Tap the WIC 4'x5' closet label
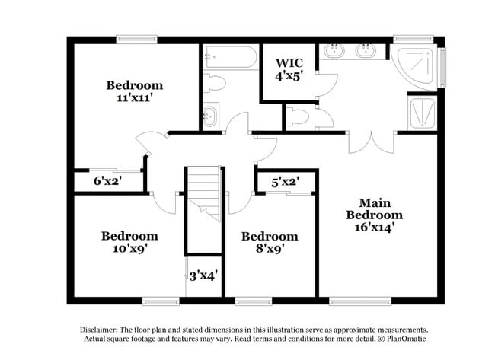pos(289,68)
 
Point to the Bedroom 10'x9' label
pos(129,241)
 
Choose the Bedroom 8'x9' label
pos(270,241)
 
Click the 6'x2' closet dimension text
pos(107,182)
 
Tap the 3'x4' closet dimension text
pos(203,275)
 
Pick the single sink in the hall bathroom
pos(211,116)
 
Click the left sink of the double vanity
pos(335,53)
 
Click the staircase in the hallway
pos(203,194)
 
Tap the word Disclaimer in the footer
pos(99,330)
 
